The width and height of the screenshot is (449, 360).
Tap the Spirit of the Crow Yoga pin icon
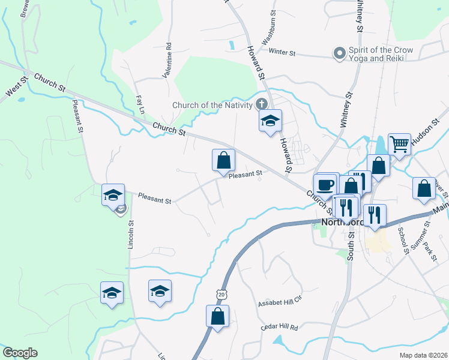pyautogui.click(x=339, y=54)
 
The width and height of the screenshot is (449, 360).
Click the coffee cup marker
pyautogui.click(x=325, y=185)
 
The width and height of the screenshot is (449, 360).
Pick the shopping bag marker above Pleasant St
pyautogui.click(x=223, y=160)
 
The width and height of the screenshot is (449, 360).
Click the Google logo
pyautogui.click(x=20, y=353)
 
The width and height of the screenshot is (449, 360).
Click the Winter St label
pyautogui.click(x=283, y=53)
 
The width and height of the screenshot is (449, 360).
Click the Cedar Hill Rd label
pyautogui.click(x=279, y=328)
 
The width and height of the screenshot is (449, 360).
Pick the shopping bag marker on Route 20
pyautogui.click(x=217, y=316)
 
